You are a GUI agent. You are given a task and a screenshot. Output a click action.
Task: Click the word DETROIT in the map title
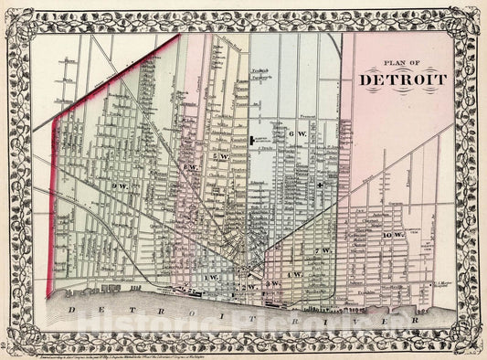[x=403, y=79]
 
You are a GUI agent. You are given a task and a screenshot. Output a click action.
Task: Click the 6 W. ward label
[x=292, y=134]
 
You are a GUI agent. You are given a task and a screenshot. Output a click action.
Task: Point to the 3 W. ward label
[x=271, y=285]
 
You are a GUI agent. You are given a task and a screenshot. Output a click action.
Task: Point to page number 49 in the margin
[x=6, y=345]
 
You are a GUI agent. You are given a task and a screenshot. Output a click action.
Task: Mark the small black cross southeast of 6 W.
[x=320, y=184]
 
